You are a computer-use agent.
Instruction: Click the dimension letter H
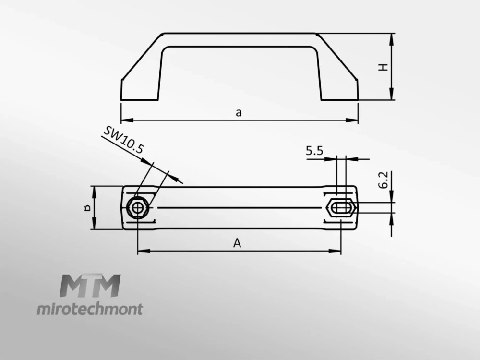(x=383, y=67)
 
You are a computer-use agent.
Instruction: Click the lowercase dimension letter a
(x=239, y=113)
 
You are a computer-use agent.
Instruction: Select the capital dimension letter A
(x=237, y=243)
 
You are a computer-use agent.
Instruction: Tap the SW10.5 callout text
(x=123, y=140)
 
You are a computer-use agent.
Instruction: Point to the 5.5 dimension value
(x=314, y=151)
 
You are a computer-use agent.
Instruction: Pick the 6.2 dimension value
(x=383, y=180)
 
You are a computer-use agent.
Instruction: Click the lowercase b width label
(x=87, y=208)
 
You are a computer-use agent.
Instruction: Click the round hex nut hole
(x=137, y=207)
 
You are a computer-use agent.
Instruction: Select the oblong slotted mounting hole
(x=340, y=208)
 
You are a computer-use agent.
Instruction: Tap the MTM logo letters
(x=90, y=286)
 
